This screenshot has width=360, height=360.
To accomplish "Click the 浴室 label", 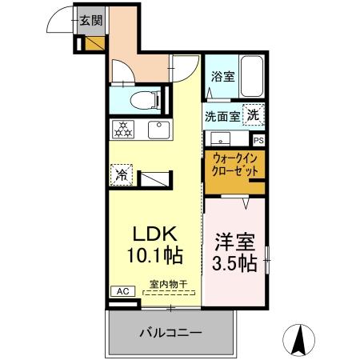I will pos(222,78).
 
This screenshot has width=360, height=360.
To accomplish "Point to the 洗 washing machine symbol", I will pos(252,114).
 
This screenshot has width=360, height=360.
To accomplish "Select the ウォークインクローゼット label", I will pos(234,166).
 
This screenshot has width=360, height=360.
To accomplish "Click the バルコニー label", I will pos(170,332).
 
